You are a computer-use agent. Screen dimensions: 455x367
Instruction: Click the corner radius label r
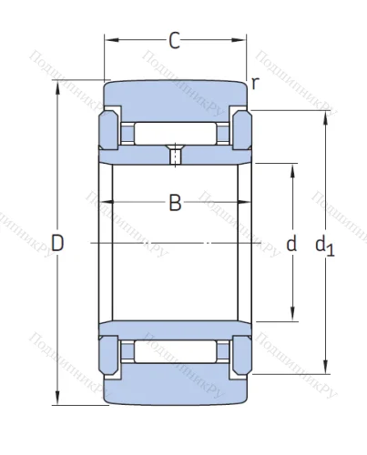tap(256, 84)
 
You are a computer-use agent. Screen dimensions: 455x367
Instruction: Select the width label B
tap(175, 203)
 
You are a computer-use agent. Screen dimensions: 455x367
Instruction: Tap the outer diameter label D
tap(57, 243)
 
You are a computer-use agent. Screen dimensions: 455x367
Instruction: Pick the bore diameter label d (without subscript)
tap(291, 243)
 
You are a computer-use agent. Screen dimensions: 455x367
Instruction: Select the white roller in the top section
tap(175, 132)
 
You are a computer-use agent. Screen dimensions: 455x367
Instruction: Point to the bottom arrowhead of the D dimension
tap(57, 401)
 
